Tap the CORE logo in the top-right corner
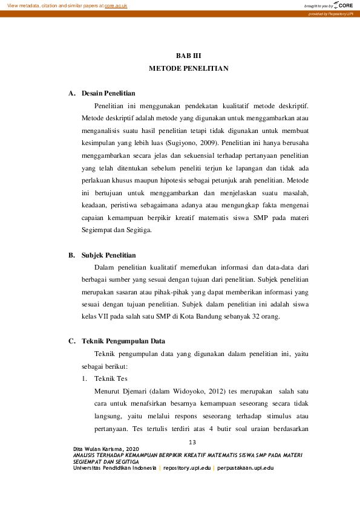coord(342,5)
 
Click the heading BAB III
coord(188,56)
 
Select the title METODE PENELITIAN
coord(188,69)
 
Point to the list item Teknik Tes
coord(111,378)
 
